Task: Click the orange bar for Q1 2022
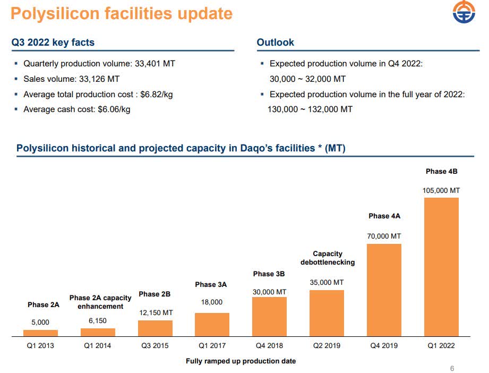pyautogui.click(x=441, y=267)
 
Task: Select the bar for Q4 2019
pyautogui.click(x=384, y=290)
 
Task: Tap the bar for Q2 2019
pyautogui.click(x=327, y=313)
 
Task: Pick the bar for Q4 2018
pyautogui.click(x=269, y=316)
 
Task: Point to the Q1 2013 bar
pyautogui.click(x=40, y=333)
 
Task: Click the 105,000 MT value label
pyautogui.click(x=441, y=190)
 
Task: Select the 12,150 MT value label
pyautogui.click(x=156, y=313)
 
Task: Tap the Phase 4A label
pyautogui.click(x=384, y=216)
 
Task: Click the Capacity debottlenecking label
pyautogui.click(x=328, y=258)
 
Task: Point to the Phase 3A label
pyautogui.click(x=211, y=285)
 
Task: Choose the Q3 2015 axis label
pyautogui.click(x=155, y=346)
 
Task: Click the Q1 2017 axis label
pyautogui.click(x=212, y=346)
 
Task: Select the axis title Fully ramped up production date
pyautogui.click(x=241, y=361)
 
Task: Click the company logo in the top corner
pyautogui.click(x=464, y=13)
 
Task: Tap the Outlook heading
pyautogui.click(x=275, y=43)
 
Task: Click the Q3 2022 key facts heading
pyautogui.click(x=53, y=43)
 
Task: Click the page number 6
pyautogui.click(x=452, y=369)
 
